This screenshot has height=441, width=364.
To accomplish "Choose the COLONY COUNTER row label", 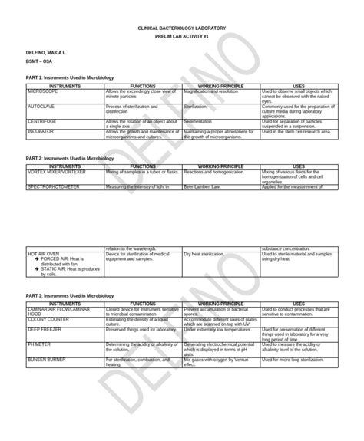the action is pos(48,318).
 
